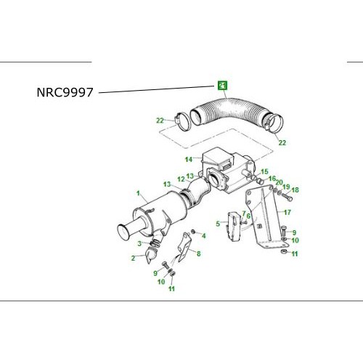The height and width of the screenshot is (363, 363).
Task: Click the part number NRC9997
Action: (65, 92)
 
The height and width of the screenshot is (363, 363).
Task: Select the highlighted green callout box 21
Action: (222, 86)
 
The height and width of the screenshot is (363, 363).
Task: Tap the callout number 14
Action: (189, 160)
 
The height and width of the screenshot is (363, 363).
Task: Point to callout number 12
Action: (181, 179)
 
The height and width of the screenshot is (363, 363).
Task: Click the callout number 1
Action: (138, 193)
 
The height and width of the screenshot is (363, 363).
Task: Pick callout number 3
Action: (139, 243)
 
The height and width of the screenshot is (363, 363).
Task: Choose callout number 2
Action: (133, 258)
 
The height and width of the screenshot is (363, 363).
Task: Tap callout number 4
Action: (204, 236)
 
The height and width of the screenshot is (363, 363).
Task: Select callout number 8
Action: (199, 253)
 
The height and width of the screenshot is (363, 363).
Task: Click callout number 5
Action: (218, 224)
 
